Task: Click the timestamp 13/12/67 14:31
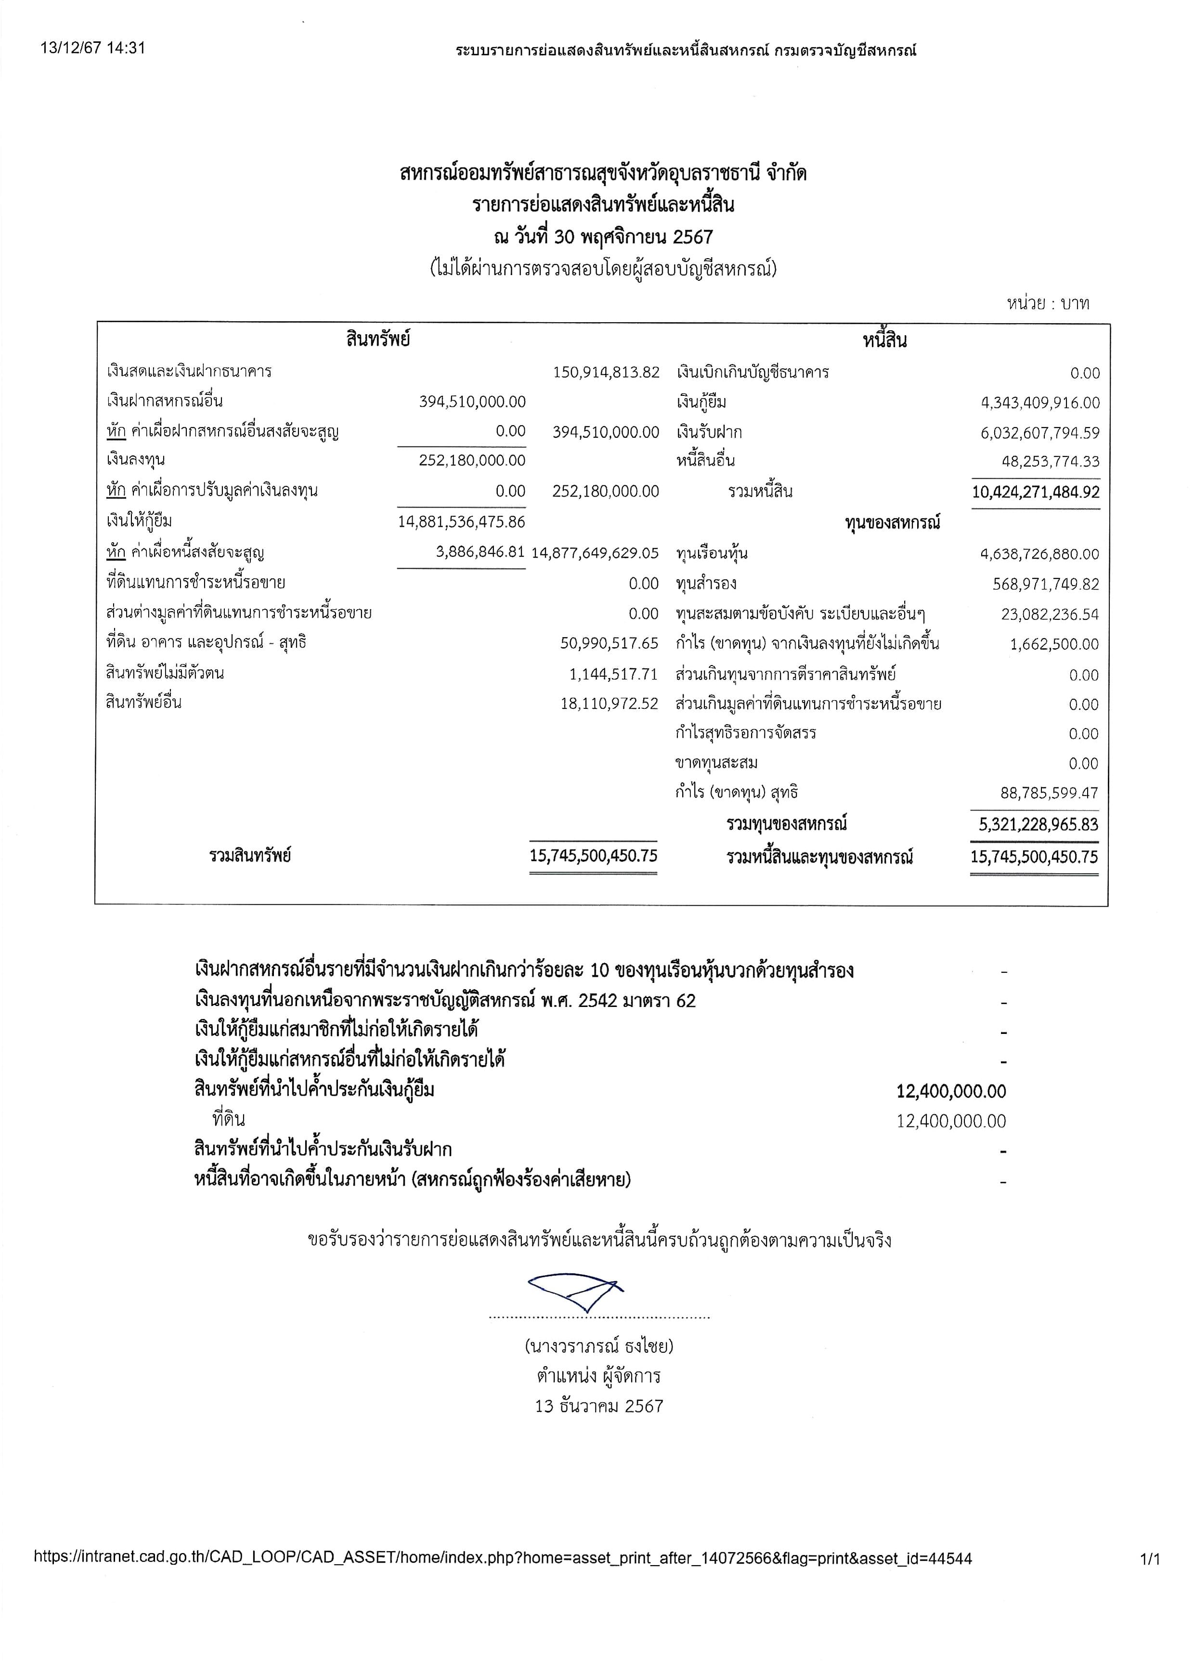(x=92, y=49)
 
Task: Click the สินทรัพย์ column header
(x=378, y=339)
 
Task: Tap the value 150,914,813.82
(x=606, y=372)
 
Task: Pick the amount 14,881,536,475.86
(x=462, y=522)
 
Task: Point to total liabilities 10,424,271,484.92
(x=1035, y=492)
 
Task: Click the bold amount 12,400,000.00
(x=951, y=1091)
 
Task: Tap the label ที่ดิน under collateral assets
(x=229, y=1119)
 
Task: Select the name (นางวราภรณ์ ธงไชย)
(x=599, y=1346)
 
